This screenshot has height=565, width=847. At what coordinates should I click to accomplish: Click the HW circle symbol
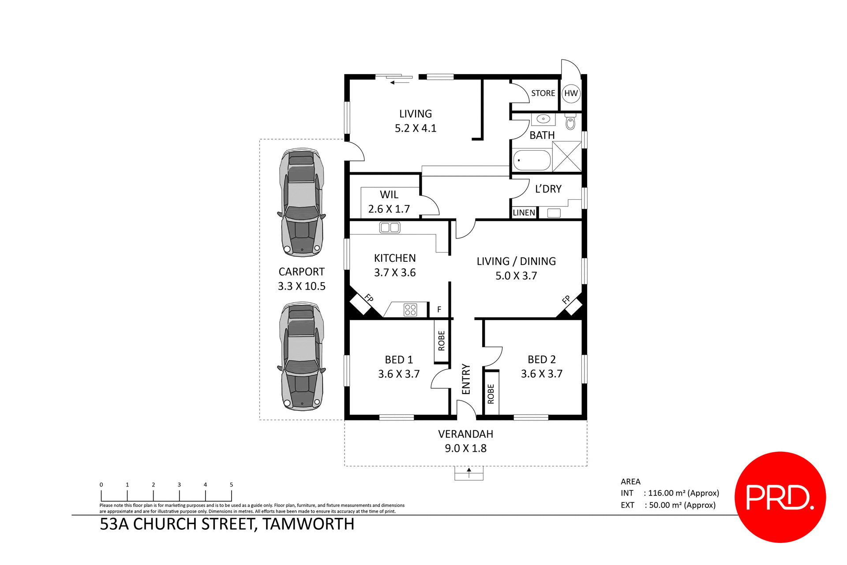571,93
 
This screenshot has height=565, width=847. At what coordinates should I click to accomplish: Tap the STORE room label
543,93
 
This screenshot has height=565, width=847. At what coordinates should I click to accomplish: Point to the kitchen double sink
390,227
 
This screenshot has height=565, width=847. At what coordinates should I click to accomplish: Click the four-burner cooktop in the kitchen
410,310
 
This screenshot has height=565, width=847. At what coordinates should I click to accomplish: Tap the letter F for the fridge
439,309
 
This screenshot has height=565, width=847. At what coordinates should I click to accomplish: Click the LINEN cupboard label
524,213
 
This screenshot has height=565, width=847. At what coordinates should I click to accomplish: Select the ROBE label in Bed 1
442,341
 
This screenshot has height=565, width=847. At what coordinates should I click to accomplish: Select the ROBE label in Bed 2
491,394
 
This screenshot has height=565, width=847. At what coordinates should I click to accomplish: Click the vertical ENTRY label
466,379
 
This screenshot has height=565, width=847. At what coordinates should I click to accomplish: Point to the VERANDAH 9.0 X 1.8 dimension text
465,448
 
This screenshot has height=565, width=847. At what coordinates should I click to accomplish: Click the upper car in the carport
302,203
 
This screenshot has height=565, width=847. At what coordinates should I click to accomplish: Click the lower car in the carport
302,356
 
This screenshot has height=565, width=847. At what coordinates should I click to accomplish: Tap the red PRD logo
780,497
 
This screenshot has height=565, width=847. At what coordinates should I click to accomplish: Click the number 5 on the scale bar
231,484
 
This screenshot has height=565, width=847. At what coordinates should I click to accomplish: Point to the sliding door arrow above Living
400,82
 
